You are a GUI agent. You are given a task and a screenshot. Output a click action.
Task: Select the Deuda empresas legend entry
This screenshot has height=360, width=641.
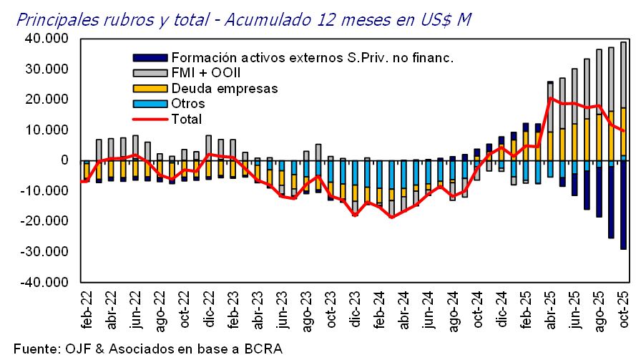tap(223, 89)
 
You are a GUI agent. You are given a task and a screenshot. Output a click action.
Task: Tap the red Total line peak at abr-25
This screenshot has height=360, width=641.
tap(549, 98)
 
